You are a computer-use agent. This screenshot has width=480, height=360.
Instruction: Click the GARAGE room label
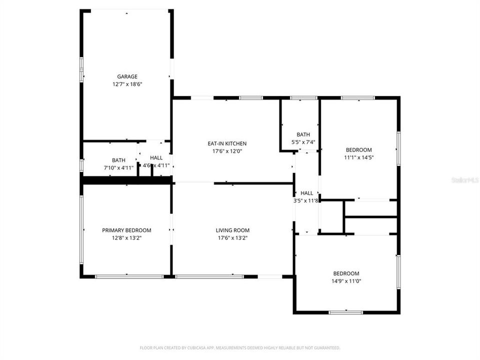tap(127, 76)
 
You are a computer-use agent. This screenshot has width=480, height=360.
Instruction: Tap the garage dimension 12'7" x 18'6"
tap(127, 84)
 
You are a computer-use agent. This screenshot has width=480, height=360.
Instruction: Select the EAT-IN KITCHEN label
tap(227, 143)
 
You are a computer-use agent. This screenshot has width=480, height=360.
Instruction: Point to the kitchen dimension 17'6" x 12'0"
tap(227, 151)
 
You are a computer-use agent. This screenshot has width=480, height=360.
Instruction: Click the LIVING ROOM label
tap(232, 230)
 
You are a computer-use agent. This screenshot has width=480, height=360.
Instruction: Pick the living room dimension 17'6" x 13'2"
tap(232, 238)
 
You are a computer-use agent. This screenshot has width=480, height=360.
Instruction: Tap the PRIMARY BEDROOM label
tap(126, 230)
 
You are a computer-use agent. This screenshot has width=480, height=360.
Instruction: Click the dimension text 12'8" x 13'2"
tap(126, 238)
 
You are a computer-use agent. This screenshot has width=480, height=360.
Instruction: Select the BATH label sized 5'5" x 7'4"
tap(303, 134)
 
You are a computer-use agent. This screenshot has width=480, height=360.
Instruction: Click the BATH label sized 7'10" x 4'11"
tap(118, 160)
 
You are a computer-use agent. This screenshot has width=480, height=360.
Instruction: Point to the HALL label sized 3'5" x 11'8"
tap(306, 193)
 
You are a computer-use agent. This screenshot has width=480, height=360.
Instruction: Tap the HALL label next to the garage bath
tap(156, 158)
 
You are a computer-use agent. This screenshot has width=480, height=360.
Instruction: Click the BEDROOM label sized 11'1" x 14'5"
tap(358, 150)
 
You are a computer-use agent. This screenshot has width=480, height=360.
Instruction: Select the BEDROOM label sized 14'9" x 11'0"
tap(346, 273)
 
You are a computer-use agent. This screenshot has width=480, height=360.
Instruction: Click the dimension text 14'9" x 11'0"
tap(346, 281)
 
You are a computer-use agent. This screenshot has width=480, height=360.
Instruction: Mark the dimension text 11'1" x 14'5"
tap(358, 157)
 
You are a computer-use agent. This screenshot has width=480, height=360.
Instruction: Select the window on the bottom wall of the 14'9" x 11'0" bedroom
tap(345, 312)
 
